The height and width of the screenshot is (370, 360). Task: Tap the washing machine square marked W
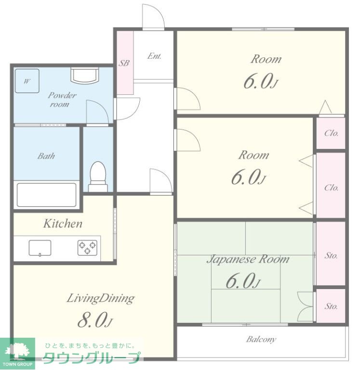27,81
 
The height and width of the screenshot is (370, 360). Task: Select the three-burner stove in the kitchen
87,248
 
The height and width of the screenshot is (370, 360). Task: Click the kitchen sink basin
40,248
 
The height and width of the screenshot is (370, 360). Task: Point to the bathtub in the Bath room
47,195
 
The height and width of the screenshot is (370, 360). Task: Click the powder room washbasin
84,75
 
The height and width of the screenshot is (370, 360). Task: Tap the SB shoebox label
124,63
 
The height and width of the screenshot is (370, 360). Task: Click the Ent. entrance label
154,56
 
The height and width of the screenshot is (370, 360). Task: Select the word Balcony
261,340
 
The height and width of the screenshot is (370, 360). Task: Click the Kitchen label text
63,224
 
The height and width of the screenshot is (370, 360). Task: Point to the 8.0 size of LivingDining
94,320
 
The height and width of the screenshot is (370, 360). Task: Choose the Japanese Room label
248,259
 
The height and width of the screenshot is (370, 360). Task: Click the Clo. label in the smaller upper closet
332,133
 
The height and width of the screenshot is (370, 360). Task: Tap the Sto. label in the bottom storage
331,306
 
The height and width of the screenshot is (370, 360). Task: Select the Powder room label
62,100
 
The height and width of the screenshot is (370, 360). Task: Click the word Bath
46,156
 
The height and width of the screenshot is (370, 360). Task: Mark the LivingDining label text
101,298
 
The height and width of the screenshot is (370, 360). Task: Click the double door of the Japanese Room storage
305,306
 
